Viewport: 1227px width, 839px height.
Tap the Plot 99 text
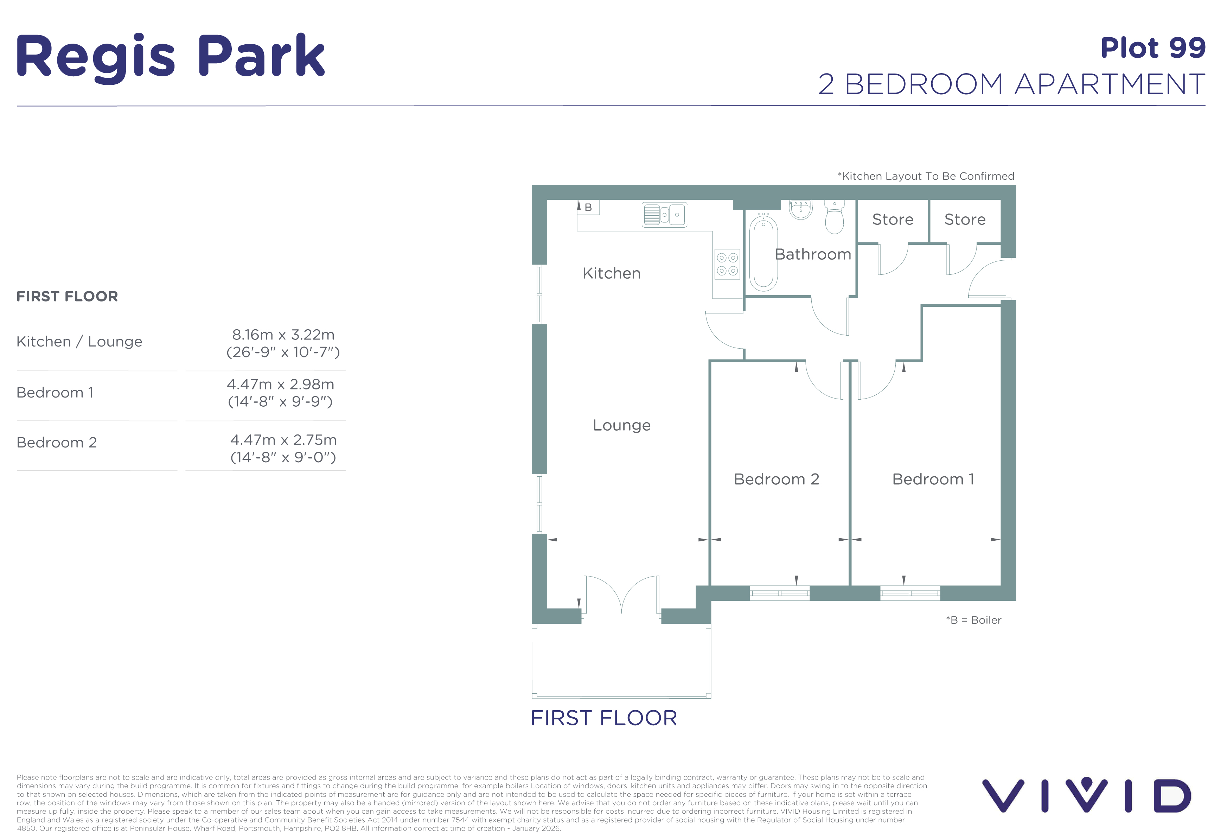click(1153, 48)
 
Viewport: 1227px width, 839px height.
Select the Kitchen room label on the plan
click(611, 273)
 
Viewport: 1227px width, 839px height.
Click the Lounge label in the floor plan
click(621, 425)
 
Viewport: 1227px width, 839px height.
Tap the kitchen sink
click(664, 214)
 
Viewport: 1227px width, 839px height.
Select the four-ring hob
click(727, 264)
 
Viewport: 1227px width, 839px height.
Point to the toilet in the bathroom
click(834, 216)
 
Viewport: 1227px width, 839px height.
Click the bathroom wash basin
click(800, 209)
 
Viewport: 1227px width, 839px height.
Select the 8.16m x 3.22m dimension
click(283, 335)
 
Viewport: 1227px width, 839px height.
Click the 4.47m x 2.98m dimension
click(280, 384)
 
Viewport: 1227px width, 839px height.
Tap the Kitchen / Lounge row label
click(79, 342)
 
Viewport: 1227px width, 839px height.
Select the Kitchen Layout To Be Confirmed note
click(926, 176)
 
